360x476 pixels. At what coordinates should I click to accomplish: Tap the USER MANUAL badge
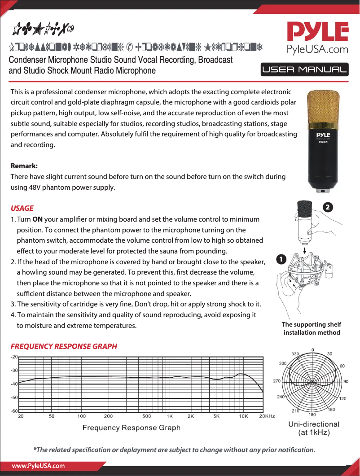coord(304,70)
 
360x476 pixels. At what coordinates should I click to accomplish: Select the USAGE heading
coord(22,208)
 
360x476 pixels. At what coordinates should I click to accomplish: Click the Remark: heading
coord(24,166)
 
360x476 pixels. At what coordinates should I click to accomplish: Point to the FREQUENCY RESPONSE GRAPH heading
coord(64,346)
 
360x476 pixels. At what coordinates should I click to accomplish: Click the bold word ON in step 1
coord(38,219)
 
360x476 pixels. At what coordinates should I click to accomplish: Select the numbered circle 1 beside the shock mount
coord(281,259)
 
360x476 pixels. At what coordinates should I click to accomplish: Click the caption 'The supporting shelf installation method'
coord(312,328)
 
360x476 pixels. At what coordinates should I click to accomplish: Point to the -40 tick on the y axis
coord(14,384)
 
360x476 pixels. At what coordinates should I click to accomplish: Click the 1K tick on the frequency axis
coord(170,416)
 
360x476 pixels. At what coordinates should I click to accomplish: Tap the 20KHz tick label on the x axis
coord(267,416)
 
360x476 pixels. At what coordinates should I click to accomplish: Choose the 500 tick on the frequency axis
coord(146,416)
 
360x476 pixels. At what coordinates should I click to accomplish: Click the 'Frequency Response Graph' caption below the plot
coord(131,428)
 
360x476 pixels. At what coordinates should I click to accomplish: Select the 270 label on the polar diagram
coord(277,381)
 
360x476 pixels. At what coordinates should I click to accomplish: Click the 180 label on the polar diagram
coord(312,414)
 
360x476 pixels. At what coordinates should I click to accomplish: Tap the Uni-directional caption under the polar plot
coord(314,424)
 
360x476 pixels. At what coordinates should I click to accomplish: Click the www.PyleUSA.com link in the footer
coord(38,466)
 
